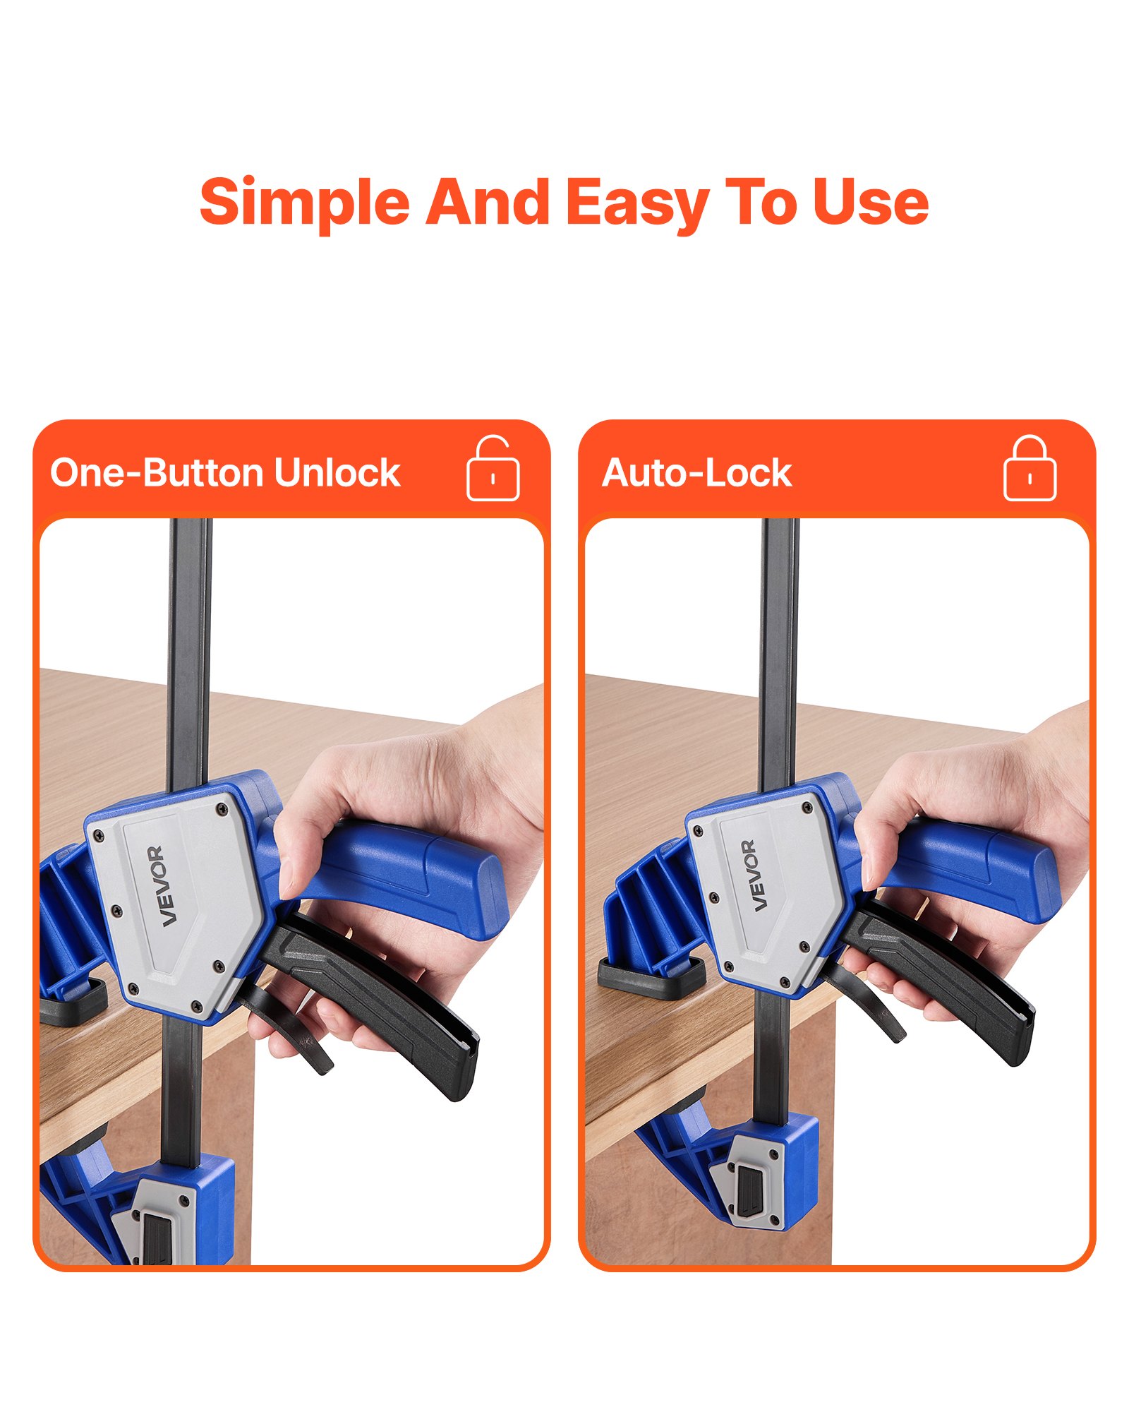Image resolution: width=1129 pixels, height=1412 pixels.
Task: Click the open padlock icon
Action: tap(493, 469)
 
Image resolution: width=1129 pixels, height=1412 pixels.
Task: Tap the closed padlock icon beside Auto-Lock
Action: tap(1030, 469)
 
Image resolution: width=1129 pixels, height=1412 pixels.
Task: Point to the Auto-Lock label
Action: tap(696, 472)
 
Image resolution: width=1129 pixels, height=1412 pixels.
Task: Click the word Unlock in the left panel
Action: tap(337, 472)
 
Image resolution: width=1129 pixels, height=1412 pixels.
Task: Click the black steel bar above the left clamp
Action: tap(189, 635)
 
